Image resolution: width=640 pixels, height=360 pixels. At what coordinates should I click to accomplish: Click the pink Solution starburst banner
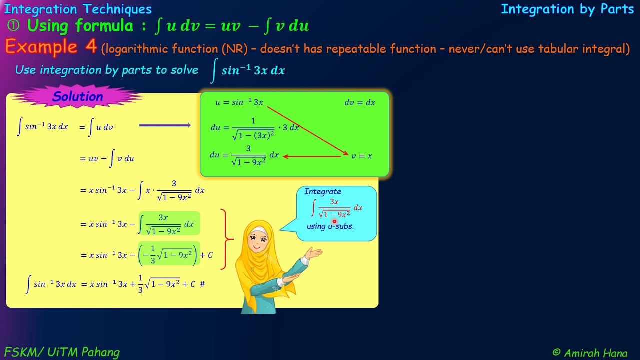pos(77,97)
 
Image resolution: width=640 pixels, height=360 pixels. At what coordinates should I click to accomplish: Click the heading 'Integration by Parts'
pos(567,9)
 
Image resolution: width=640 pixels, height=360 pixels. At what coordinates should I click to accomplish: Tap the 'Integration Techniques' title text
pos(78,9)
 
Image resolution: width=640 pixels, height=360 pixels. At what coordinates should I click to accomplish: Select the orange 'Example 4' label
pos(51,47)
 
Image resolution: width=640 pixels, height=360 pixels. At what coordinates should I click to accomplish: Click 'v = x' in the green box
pos(362,156)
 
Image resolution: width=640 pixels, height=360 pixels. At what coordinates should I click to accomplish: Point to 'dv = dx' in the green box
pos(359,102)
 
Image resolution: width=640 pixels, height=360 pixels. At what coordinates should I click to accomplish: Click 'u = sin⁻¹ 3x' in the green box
pos(239,102)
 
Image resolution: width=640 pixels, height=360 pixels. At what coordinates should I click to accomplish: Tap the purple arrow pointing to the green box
pos(165,125)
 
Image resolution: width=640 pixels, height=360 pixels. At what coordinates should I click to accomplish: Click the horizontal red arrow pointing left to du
pos(312,156)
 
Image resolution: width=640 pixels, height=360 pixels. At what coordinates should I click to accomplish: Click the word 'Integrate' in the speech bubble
pos(323,191)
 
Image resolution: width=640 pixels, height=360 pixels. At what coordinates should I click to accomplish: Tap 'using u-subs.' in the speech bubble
pos(330,226)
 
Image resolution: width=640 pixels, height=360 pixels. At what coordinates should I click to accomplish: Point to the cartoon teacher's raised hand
pos(314,254)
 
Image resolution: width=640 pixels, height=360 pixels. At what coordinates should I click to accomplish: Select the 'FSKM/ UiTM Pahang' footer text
pos(62,352)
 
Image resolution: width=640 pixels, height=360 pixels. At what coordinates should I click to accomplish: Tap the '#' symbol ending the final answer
pos(202,284)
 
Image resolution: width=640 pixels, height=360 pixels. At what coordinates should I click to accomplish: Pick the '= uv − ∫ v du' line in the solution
pos(107,159)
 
